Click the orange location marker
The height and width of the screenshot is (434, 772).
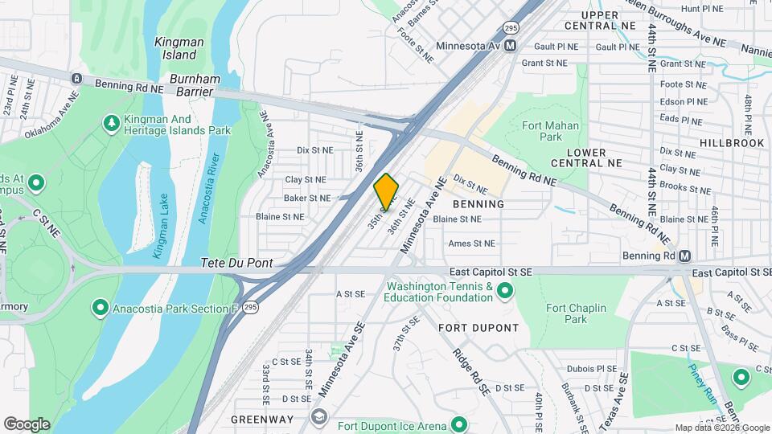[387, 191]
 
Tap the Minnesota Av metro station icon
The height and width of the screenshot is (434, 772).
[511, 47]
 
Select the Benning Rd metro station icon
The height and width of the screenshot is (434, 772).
[684, 256]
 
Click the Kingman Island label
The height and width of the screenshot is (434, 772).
[179, 47]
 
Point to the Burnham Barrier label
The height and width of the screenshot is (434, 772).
[191, 86]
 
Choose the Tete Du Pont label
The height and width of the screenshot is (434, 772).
[236, 263]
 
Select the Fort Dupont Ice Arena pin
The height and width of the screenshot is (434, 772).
[459, 424]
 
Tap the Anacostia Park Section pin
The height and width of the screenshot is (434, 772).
[100, 306]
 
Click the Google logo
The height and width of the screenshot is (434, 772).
[27, 424]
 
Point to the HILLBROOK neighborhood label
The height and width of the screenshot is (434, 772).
[731, 142]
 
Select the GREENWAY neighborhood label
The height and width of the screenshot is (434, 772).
[261, 420]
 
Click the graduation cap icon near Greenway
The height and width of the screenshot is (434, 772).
[319, 416]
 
